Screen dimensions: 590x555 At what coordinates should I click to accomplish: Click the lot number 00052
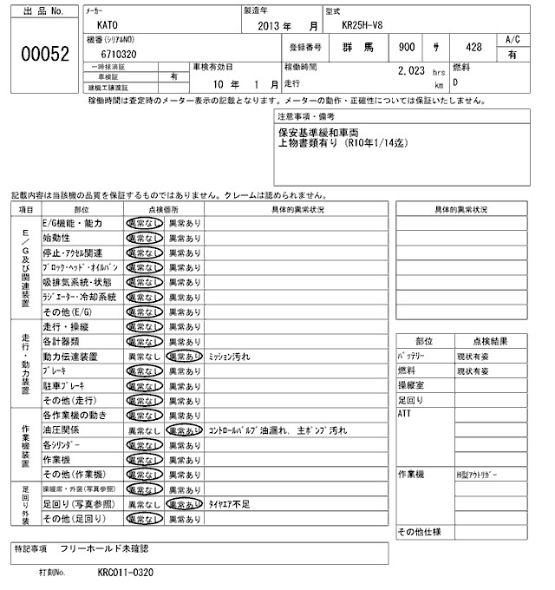[x=43, y=53]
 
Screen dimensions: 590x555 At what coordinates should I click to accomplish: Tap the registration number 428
[x=473, y=47]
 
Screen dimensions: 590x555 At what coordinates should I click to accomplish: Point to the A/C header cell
[x=512, y=39]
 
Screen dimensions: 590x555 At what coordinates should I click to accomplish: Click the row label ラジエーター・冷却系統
[x=79, y=297]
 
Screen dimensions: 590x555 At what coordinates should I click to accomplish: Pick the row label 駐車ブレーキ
[x=67, y=386]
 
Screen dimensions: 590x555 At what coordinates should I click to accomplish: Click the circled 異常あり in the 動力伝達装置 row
[x=185, y=357]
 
